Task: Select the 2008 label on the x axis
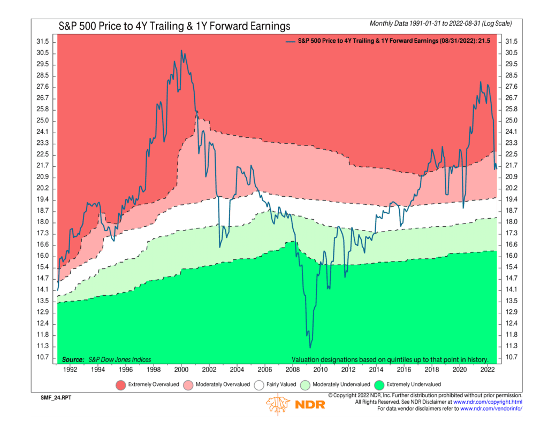293,369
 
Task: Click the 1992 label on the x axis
70,369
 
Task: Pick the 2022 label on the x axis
488,369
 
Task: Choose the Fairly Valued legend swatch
261,384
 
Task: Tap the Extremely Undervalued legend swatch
380,384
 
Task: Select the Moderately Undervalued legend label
340,384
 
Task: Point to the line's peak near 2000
181,51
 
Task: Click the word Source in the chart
73,359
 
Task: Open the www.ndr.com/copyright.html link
488,402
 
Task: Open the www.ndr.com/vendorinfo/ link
491,409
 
